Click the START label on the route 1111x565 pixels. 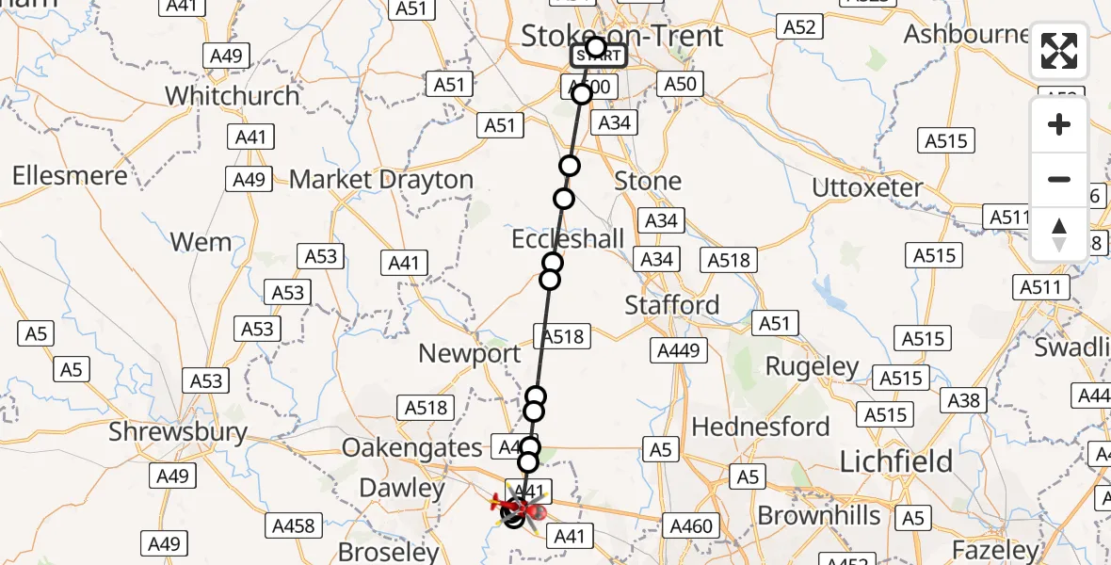pos(597,56)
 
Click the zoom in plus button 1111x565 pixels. pos(1059,125)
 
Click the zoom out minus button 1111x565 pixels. pos(1059,179)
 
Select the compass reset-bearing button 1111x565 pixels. pos(1059,234)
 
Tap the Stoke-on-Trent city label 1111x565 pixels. pos(621,36)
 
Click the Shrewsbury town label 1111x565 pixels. pos(178,432)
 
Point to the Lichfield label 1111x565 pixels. pos(895,460)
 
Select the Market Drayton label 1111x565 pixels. pos(381,179)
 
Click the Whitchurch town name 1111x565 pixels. pos(232,95)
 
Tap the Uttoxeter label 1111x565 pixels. pos(867,187)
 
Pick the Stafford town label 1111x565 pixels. pos(672,305)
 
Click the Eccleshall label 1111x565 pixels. pos(568,239)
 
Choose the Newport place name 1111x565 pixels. pos(469,354)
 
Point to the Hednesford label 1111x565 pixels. pos(761,427)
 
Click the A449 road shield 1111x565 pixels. pos(679,350)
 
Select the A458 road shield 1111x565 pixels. pos(294,525)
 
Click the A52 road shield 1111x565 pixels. pos(799,27)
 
